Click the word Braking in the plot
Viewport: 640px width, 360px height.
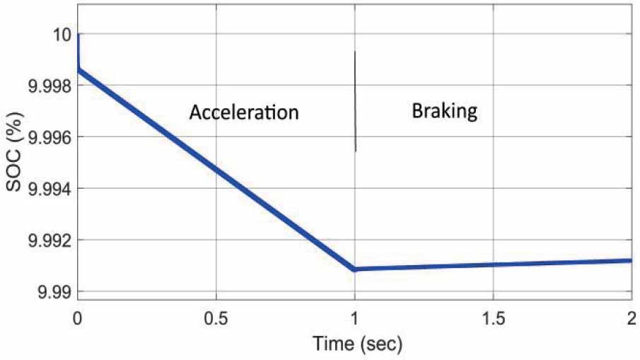click(x=445, y=111)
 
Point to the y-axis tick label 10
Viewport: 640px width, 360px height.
click(x=59, y=34)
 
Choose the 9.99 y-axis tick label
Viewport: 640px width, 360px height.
click(x=52, y=291)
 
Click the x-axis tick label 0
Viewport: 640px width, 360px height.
click(x=77, y=315)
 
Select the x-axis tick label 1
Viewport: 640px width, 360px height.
click(x=355, y=315)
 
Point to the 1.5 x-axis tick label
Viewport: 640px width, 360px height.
click(x=494, y=315)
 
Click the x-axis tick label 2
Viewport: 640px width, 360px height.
click(x=632, y=315)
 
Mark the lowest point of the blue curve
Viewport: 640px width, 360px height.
click(x=354, y=269)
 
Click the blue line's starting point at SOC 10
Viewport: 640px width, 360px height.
click(x=78, y=35)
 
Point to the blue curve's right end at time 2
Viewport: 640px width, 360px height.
click(x=631, y=260)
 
